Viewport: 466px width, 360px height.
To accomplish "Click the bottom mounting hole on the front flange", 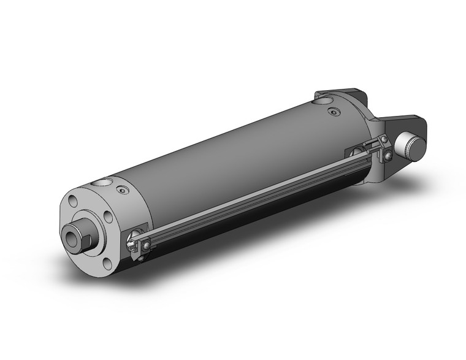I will pyautogui.click(x=108, y=262).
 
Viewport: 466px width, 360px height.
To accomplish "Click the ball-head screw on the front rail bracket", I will pyautogui.click(x=148, y=247).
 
